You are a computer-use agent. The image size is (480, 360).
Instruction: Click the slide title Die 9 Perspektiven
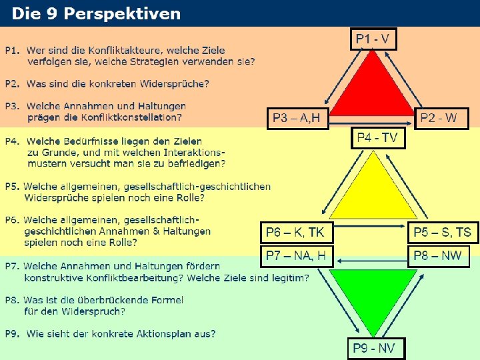[97, 13]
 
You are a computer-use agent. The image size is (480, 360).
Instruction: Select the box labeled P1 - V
[373, 39]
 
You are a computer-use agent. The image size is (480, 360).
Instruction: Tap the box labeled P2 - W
[442, 119]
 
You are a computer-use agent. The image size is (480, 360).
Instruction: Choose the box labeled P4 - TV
[377, 138]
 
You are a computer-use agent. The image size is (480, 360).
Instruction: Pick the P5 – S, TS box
[443, 232]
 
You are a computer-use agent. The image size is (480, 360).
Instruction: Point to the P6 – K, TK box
[295, 232]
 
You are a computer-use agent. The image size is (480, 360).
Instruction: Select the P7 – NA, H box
[296, 256]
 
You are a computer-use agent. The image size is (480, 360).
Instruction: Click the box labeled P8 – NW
[439, 256]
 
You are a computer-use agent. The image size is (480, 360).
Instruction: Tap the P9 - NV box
[376, 348]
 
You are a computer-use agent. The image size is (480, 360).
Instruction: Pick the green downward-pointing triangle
[373, 290]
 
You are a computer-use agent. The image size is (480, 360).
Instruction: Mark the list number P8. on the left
[13, 300]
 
